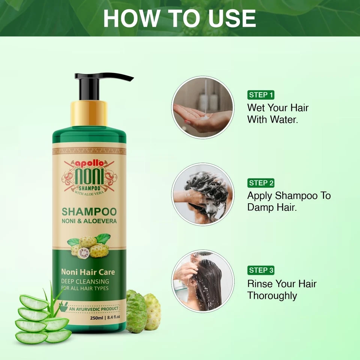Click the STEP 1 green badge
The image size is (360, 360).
261,95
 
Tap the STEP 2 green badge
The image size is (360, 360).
261,183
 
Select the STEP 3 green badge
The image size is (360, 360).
261,270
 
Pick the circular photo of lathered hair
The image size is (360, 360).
202,194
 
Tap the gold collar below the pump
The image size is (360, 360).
89,114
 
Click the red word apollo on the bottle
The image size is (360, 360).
89,163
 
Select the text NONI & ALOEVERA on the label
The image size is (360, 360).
89,221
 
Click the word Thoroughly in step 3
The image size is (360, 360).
272,295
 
